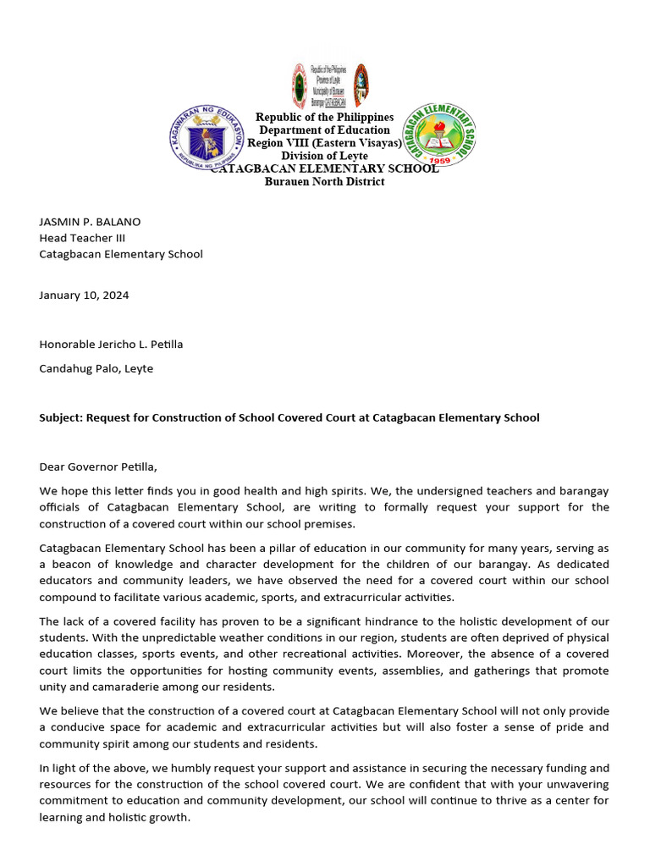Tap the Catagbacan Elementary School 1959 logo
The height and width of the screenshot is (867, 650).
438,134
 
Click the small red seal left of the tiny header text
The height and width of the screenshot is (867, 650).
300,85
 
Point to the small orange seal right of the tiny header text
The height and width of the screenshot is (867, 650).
361,85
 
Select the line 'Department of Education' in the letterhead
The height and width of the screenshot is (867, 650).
324,130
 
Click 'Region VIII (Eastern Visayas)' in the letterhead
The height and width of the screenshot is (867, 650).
324,143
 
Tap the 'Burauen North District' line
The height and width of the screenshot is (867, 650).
324,181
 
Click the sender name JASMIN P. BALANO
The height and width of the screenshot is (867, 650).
90,222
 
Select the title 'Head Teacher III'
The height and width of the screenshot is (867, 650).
82,238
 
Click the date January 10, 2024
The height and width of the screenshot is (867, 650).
84,295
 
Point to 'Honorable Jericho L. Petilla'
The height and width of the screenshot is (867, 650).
111,345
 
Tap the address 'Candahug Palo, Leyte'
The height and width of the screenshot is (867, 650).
96,368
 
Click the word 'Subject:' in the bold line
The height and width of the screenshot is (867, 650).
62,417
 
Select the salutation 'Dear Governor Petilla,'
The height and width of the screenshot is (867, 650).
98,467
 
